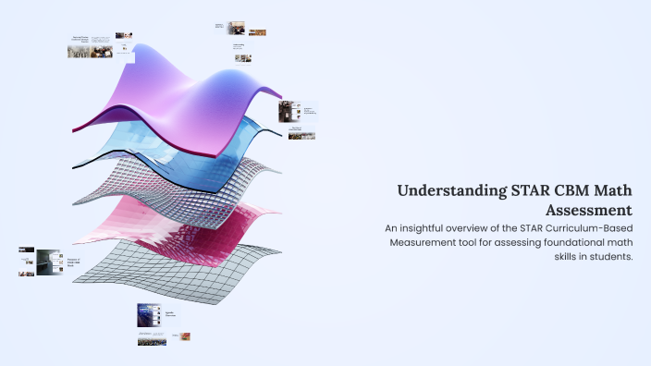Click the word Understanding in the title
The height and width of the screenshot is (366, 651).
(x=452, y=191)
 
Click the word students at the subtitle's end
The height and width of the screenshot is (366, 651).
(x=607, y=257)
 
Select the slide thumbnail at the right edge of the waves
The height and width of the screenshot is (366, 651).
(x=294, y=117)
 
